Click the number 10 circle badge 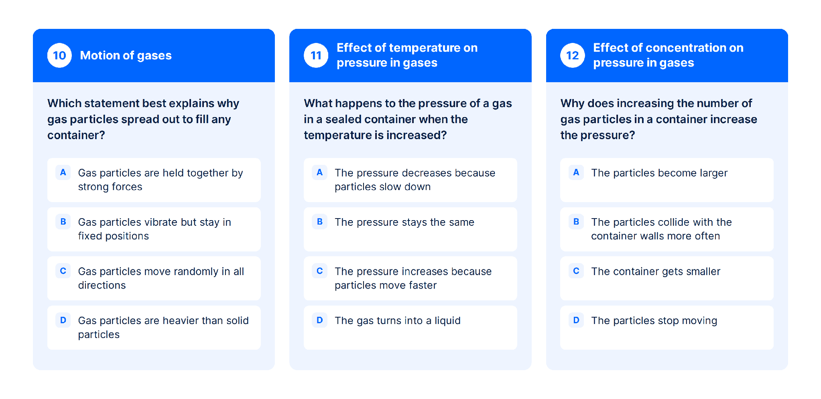(x=59, y=55)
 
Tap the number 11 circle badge (x=316, y=55)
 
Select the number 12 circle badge (x=573, y=55)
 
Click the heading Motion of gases (x=126, y=55)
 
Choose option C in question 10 (x=154, y=278)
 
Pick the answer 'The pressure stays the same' (x=410, y=229)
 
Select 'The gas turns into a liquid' (x=410, y=328)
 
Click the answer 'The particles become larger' (x=667, y=180)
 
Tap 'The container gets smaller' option (x=667, y=278)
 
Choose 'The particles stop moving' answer (x=667, y=328)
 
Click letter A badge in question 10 (x=63, y=172)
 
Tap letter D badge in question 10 (x=63, y=320)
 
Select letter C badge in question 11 (x=319, y=271)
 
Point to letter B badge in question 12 (x=576, y=222)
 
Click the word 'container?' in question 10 (x=76, y=135)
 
